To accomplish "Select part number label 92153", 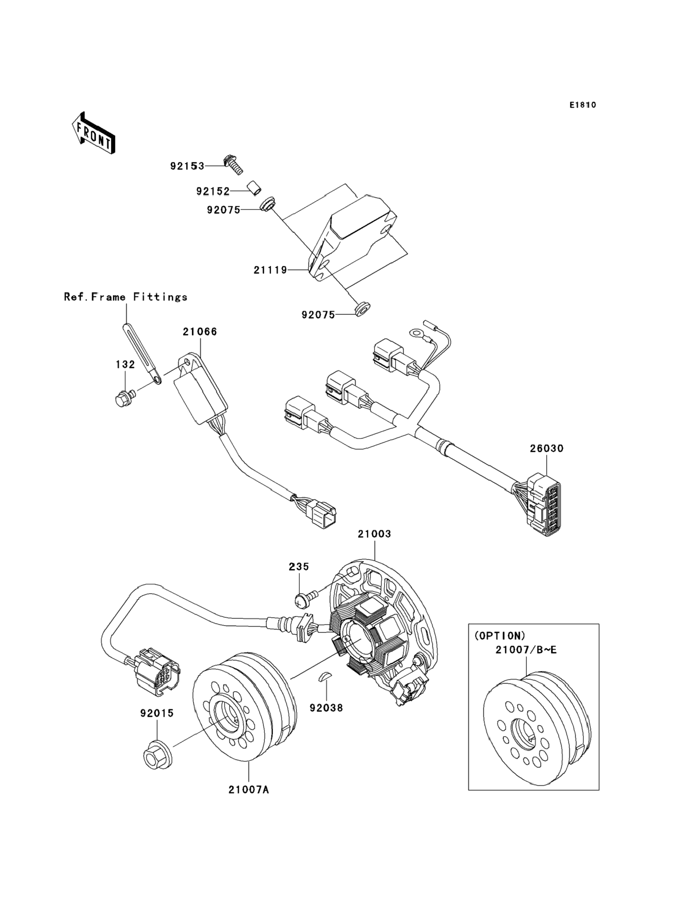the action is pos(187,166).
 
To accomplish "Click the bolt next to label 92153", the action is pos(234,166).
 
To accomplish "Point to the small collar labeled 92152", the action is pos(253,188).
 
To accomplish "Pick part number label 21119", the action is pos(270,270).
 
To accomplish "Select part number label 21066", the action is pos(200,332).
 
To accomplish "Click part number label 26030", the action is pos(547,448).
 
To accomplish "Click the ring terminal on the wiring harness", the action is pos(416,334).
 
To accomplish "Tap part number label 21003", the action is pos(374,534).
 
